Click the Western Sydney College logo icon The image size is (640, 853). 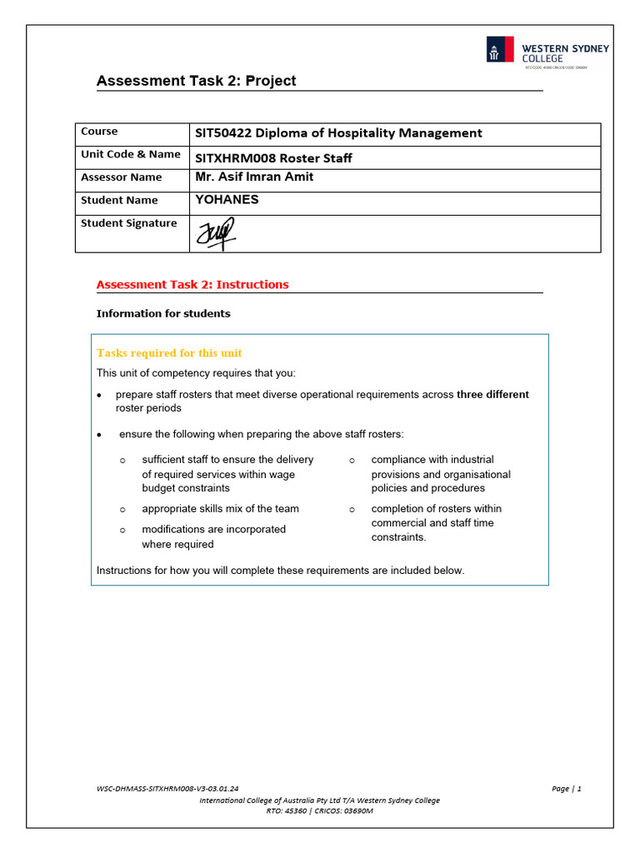pos(500,50)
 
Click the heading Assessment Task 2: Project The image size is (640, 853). pos(196,81)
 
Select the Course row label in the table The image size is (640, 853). pos(99,132)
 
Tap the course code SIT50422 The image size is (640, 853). pos(223,133)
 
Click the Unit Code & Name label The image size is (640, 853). pos(130,154)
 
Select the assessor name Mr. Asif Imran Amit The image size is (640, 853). pos(254,177)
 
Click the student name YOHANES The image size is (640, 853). pos(227,200)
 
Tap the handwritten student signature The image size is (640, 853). pos(215,233)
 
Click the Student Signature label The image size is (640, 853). pos(128,223)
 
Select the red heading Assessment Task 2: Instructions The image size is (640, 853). pos(192,284)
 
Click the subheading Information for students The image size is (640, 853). pos(163,314)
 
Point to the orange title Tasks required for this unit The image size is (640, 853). pos(169,353)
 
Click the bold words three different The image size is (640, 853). pos(492,394)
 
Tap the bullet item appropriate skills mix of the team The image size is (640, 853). pos(220,509)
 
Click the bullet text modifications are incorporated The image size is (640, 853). pos(213,530)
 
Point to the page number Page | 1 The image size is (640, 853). pos(566,789)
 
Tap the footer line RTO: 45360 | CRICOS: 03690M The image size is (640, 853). pos(320,811)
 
